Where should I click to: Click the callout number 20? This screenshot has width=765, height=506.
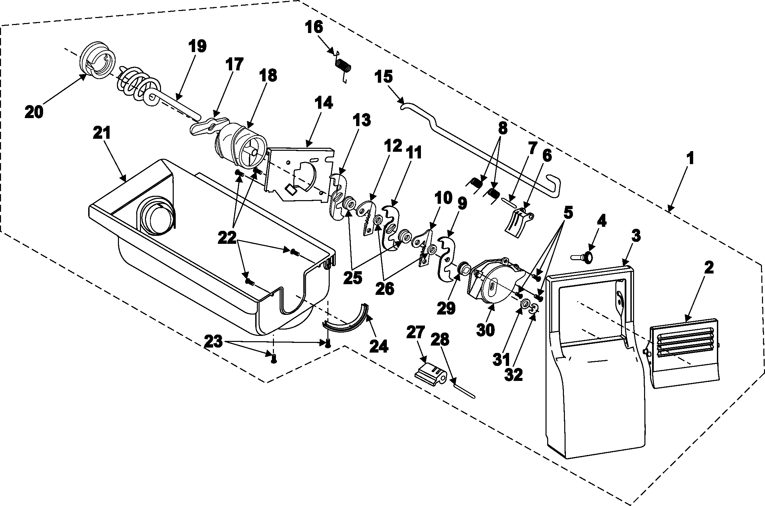(x=34, y=111)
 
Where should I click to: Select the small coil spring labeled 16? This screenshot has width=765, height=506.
(x=343, y=65)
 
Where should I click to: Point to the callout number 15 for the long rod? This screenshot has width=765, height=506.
(x=383, y=77)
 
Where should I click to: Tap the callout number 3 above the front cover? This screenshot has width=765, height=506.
(x=635, y=236)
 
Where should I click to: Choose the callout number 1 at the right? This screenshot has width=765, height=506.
(x=690, y=158)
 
